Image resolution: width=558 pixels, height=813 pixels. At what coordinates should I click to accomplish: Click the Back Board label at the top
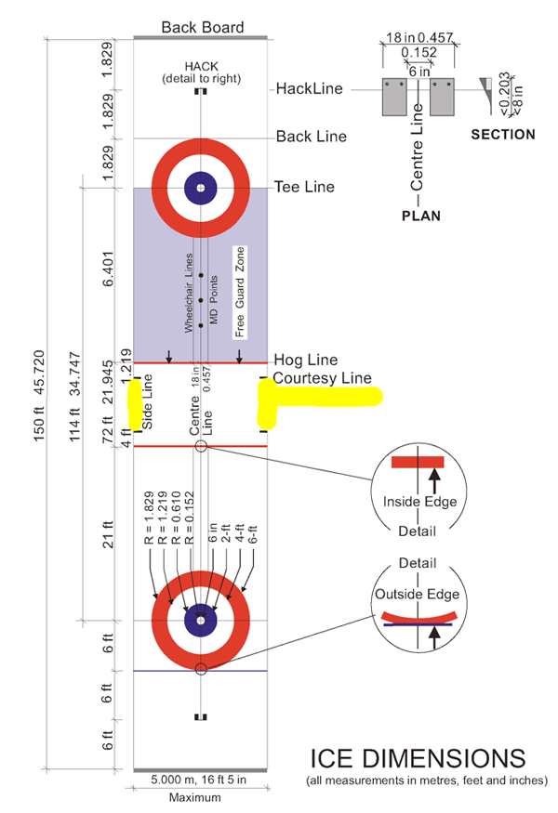[x=202, y=27]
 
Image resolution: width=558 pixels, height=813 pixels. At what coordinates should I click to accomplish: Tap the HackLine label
[x=310, y=89]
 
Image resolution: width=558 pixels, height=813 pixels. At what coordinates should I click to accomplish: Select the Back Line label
[x=312, y=137]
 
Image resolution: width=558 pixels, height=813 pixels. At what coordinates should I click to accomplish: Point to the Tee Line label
[x=304, y=187]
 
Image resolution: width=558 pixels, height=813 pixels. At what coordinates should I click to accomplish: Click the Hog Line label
[x=305, y=360]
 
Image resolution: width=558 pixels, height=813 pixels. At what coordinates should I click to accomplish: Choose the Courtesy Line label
[x=322, y=378]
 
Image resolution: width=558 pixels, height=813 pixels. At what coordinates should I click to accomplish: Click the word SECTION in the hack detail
[x=503, y=135]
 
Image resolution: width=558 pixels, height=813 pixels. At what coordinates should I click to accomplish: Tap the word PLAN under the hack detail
[x=420, y=216]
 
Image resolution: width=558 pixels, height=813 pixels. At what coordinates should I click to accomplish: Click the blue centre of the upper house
[x=201, y=186]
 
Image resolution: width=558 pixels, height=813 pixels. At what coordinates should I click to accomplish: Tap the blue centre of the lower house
[x=201, y=620]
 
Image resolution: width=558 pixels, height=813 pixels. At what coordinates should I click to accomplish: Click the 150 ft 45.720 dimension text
[x=38, y=404]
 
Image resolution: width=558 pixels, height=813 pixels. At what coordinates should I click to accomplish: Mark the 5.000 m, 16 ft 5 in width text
[x=201, y=782]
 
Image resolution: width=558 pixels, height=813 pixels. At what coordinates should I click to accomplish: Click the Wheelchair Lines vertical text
[x=188, y=294]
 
